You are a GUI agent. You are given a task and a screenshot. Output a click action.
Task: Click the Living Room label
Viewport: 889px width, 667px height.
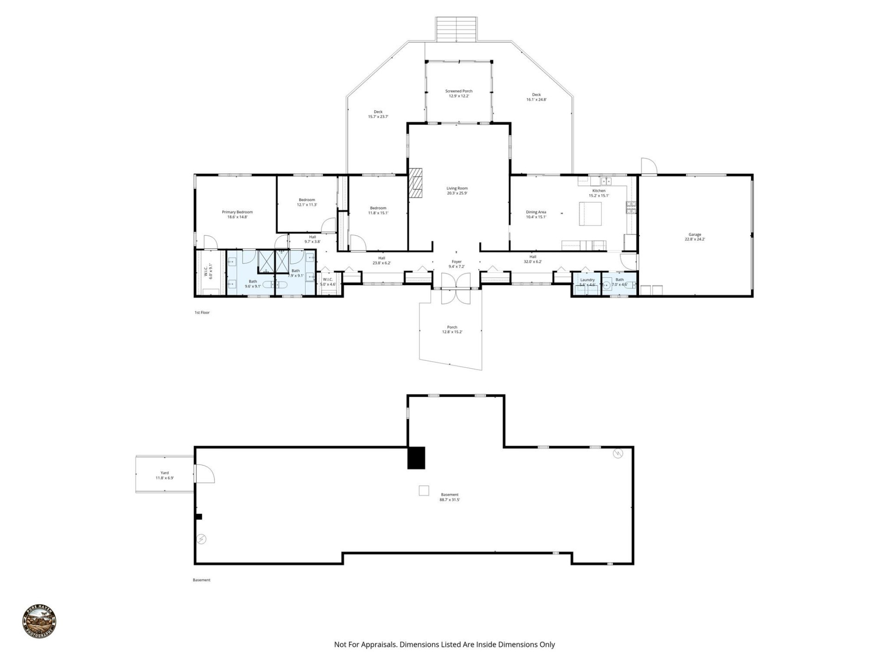(x=457, y=189)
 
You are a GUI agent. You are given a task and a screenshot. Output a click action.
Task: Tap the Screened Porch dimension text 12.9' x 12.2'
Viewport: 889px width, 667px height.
(x=458, y=96)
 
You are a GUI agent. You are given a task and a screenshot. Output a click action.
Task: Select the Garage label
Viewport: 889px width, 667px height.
(x=695, y=235)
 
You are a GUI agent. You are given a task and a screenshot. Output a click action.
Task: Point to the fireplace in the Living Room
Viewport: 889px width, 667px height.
(x=415, y=183)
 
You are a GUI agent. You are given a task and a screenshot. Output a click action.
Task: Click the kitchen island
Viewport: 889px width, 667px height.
(x=590, y=214)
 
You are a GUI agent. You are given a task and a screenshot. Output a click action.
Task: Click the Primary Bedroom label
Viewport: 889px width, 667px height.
(x=237, y=212)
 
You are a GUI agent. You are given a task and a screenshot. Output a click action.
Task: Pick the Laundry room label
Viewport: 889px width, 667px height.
(x=587, y=280)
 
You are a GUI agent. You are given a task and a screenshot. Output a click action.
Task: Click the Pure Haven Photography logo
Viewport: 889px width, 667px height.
(x=39, y=622)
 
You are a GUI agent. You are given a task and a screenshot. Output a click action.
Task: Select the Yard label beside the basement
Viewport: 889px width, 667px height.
(x=164, y=473)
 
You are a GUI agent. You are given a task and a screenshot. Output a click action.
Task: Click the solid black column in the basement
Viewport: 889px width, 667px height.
(x=416, y=458)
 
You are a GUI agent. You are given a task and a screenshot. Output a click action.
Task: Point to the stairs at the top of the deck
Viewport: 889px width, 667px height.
(x=456, y=30)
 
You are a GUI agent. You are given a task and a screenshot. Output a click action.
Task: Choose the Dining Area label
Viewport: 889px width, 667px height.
(x=536, y=212)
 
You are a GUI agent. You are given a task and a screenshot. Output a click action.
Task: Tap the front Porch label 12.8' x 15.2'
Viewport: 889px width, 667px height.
(x=452, y=330)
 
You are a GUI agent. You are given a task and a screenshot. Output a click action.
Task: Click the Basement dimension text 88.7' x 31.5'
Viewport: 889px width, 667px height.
(x=449, y=500)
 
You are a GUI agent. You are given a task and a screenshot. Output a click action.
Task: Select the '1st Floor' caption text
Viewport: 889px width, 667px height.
(x=202, y=313)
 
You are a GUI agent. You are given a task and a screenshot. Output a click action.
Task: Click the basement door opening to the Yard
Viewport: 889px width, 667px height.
(x=204, y=473)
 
